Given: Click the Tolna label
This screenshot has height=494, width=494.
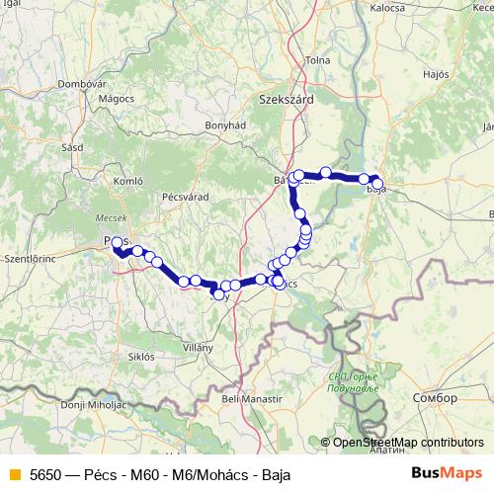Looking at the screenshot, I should tap(318, 60).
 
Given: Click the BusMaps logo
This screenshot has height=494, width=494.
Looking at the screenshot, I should tap(447, 474).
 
